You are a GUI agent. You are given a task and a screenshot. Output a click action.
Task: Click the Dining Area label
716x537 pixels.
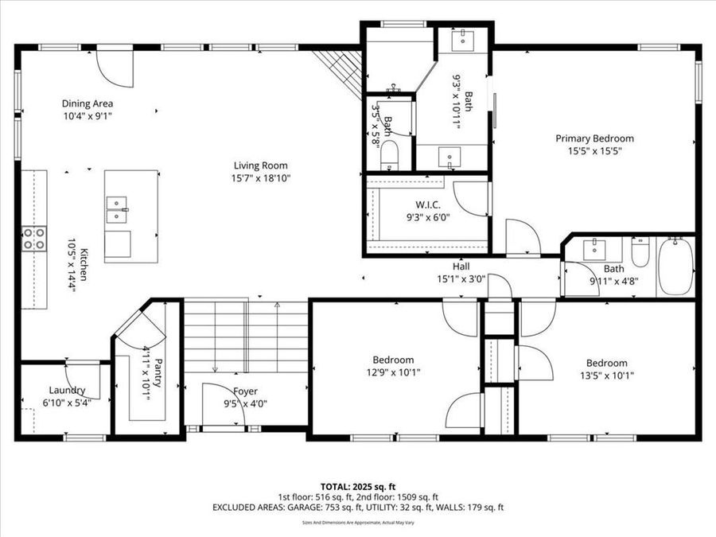coord(88,103)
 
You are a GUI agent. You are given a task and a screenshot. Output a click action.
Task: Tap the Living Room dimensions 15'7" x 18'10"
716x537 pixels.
coord(255,179)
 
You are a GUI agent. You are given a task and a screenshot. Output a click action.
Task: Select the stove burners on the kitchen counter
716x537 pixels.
coord(33,239)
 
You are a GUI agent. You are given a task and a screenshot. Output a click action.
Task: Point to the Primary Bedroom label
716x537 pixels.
coord(594,138)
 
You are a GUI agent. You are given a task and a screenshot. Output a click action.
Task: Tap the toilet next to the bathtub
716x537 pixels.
coord(640,253)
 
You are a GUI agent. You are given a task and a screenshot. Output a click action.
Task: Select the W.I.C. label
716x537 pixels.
coord(428,205)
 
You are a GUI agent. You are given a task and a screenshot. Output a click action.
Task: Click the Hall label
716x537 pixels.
coord(461,267)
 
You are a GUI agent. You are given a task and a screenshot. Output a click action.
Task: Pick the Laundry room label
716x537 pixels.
coord(67,390)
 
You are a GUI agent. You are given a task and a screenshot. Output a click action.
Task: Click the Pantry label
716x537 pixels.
coord(158,372)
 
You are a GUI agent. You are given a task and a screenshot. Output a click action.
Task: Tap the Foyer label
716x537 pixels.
coord(245,391)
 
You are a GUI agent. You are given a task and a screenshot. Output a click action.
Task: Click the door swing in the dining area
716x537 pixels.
coord(113,68)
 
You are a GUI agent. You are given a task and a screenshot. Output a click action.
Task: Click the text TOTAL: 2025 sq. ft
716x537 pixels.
coord(358,485)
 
